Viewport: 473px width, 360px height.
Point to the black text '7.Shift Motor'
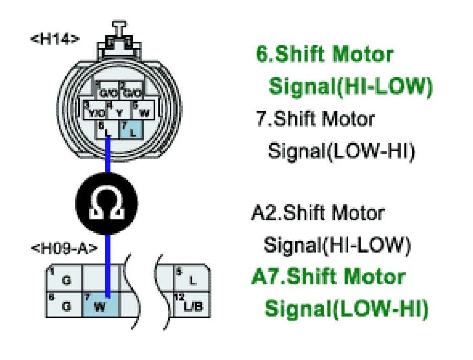315,119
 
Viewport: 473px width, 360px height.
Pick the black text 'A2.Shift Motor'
317,212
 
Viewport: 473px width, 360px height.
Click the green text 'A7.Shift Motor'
328,277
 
